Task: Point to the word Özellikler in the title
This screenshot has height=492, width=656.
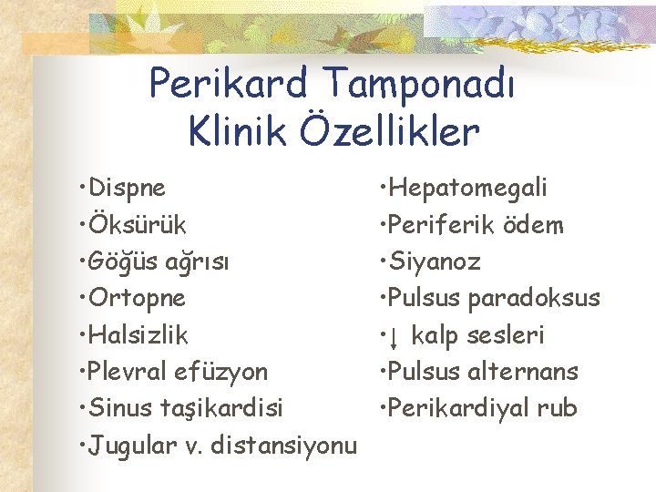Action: click(x=394, y=132)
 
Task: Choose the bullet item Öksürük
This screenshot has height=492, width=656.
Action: click(x=136, y=225)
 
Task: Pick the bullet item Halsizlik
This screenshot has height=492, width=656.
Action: click(x=138, y=335)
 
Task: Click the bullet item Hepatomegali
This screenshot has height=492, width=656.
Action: click(x=469, y=189)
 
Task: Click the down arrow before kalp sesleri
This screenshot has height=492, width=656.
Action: click(x=394, y=337)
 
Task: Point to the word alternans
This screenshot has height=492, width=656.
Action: click(x=524, y=372)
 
